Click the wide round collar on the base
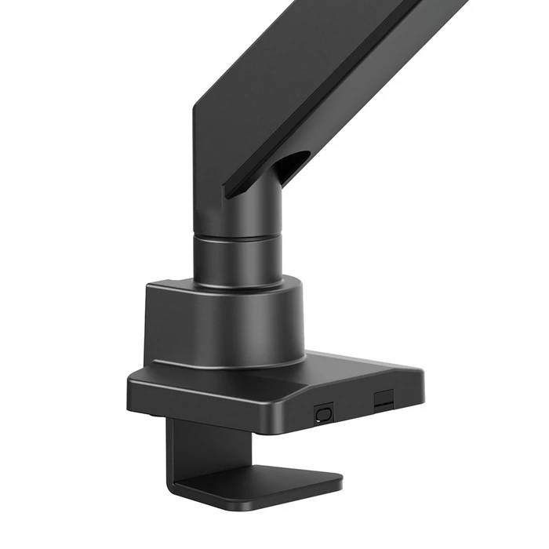pyautogui.click(x=224, y=322)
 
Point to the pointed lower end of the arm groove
pyautogui.click(x=227, y=192)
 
